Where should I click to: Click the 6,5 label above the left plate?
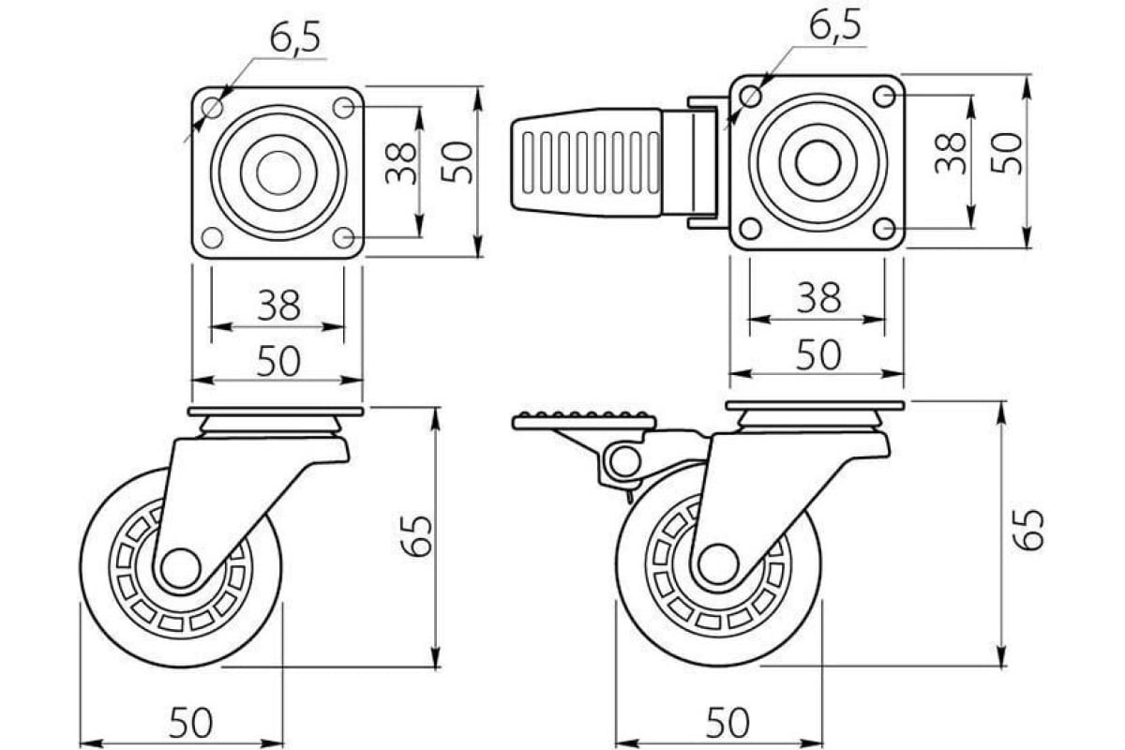pos(295,37)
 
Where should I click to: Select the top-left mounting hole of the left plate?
pos(213,107)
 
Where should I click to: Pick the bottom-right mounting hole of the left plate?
pos(344,237)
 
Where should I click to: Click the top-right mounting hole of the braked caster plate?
pos(884,95)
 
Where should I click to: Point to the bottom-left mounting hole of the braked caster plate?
pos(750,228)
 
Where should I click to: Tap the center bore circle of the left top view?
pos(278,172)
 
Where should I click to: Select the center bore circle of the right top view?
pos(817,162)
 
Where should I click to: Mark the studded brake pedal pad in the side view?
pos(583,420)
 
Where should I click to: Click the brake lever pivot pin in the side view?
pos(622,461)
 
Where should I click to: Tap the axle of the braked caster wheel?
pos(717,563)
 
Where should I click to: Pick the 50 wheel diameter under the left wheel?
pos(191,723)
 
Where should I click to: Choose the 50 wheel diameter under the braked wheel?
pos(727,723)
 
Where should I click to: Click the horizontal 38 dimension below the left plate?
pos(278,306)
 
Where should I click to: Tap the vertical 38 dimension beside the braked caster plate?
pos(951,152)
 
